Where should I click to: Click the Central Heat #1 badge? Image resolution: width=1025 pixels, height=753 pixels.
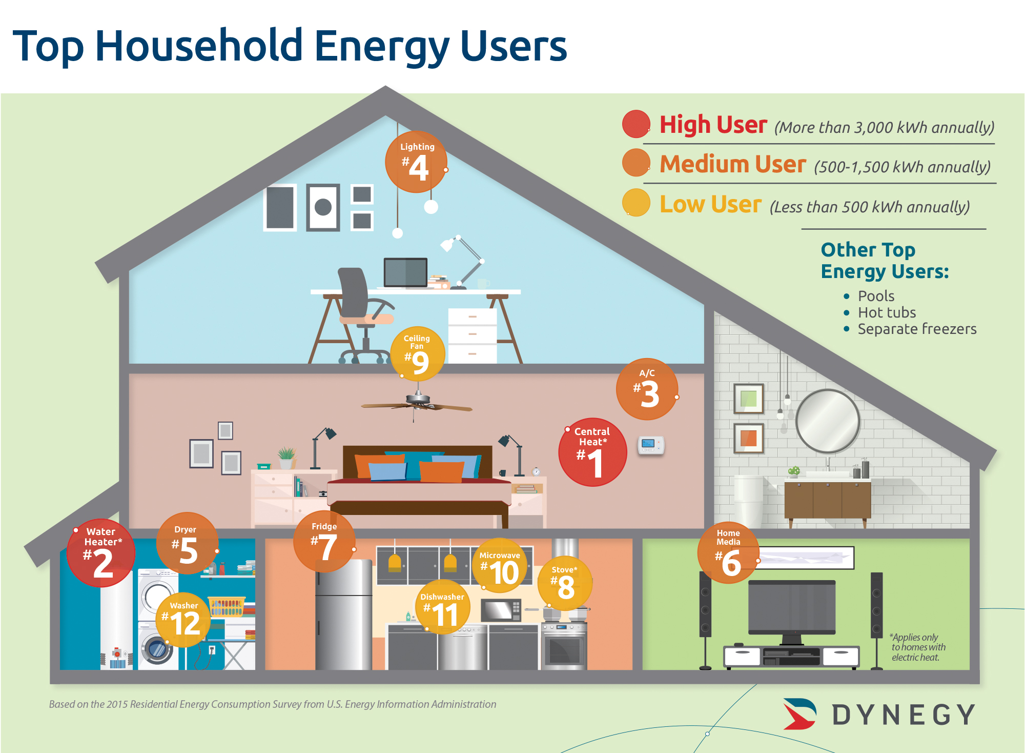click(x=592, y=452)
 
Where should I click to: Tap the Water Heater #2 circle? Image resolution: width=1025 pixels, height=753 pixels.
click(x=101, y=552)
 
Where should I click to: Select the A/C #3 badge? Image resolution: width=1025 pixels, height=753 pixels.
click(x=647, y=389)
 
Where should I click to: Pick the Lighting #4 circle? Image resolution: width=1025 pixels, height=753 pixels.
click(x=416, y=162)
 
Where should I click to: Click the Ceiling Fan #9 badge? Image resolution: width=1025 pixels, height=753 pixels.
click(x=417, y=354)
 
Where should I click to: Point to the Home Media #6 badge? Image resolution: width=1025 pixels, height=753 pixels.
click(x=729, y=552)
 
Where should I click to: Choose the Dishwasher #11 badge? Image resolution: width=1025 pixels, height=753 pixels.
click(x=443, y=607)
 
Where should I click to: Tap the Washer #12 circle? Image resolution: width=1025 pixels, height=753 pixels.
click(x=183, y=620)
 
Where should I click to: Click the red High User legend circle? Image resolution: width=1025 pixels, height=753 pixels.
click(x=636, y=124)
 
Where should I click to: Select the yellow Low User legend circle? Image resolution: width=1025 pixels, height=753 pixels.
click(x=636, y=203)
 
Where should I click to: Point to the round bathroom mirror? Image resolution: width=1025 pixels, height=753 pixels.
click(x=827, y=421)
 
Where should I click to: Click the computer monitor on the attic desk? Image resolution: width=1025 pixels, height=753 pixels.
click(x=405, y=272)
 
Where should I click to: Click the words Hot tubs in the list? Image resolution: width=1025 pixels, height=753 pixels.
click(x=887, y=312)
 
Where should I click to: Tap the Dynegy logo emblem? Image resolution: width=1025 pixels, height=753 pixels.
click(x=799, y=714)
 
